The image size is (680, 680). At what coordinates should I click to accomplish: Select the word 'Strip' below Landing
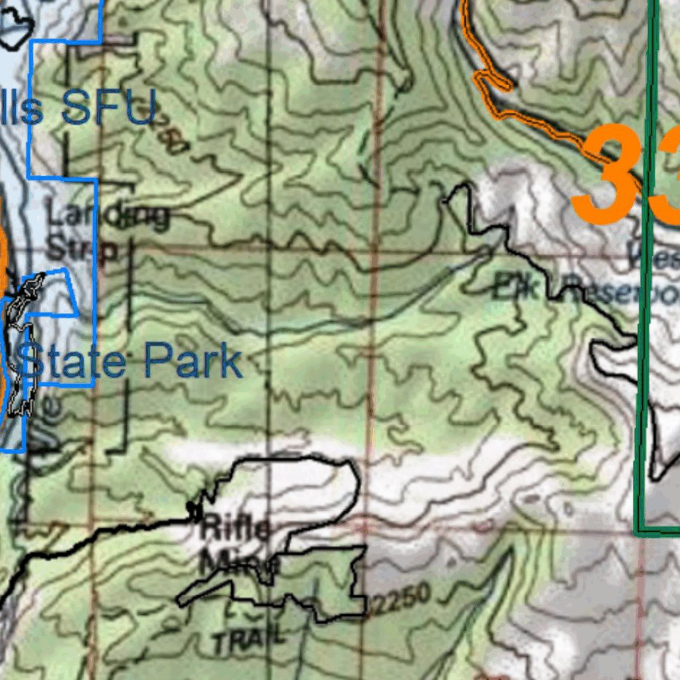[83, 250]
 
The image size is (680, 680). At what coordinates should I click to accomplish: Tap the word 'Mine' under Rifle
[239, 564]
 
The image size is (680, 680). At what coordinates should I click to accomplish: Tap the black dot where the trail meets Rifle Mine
[193, 511]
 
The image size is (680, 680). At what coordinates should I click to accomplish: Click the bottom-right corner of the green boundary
[637, 532]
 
